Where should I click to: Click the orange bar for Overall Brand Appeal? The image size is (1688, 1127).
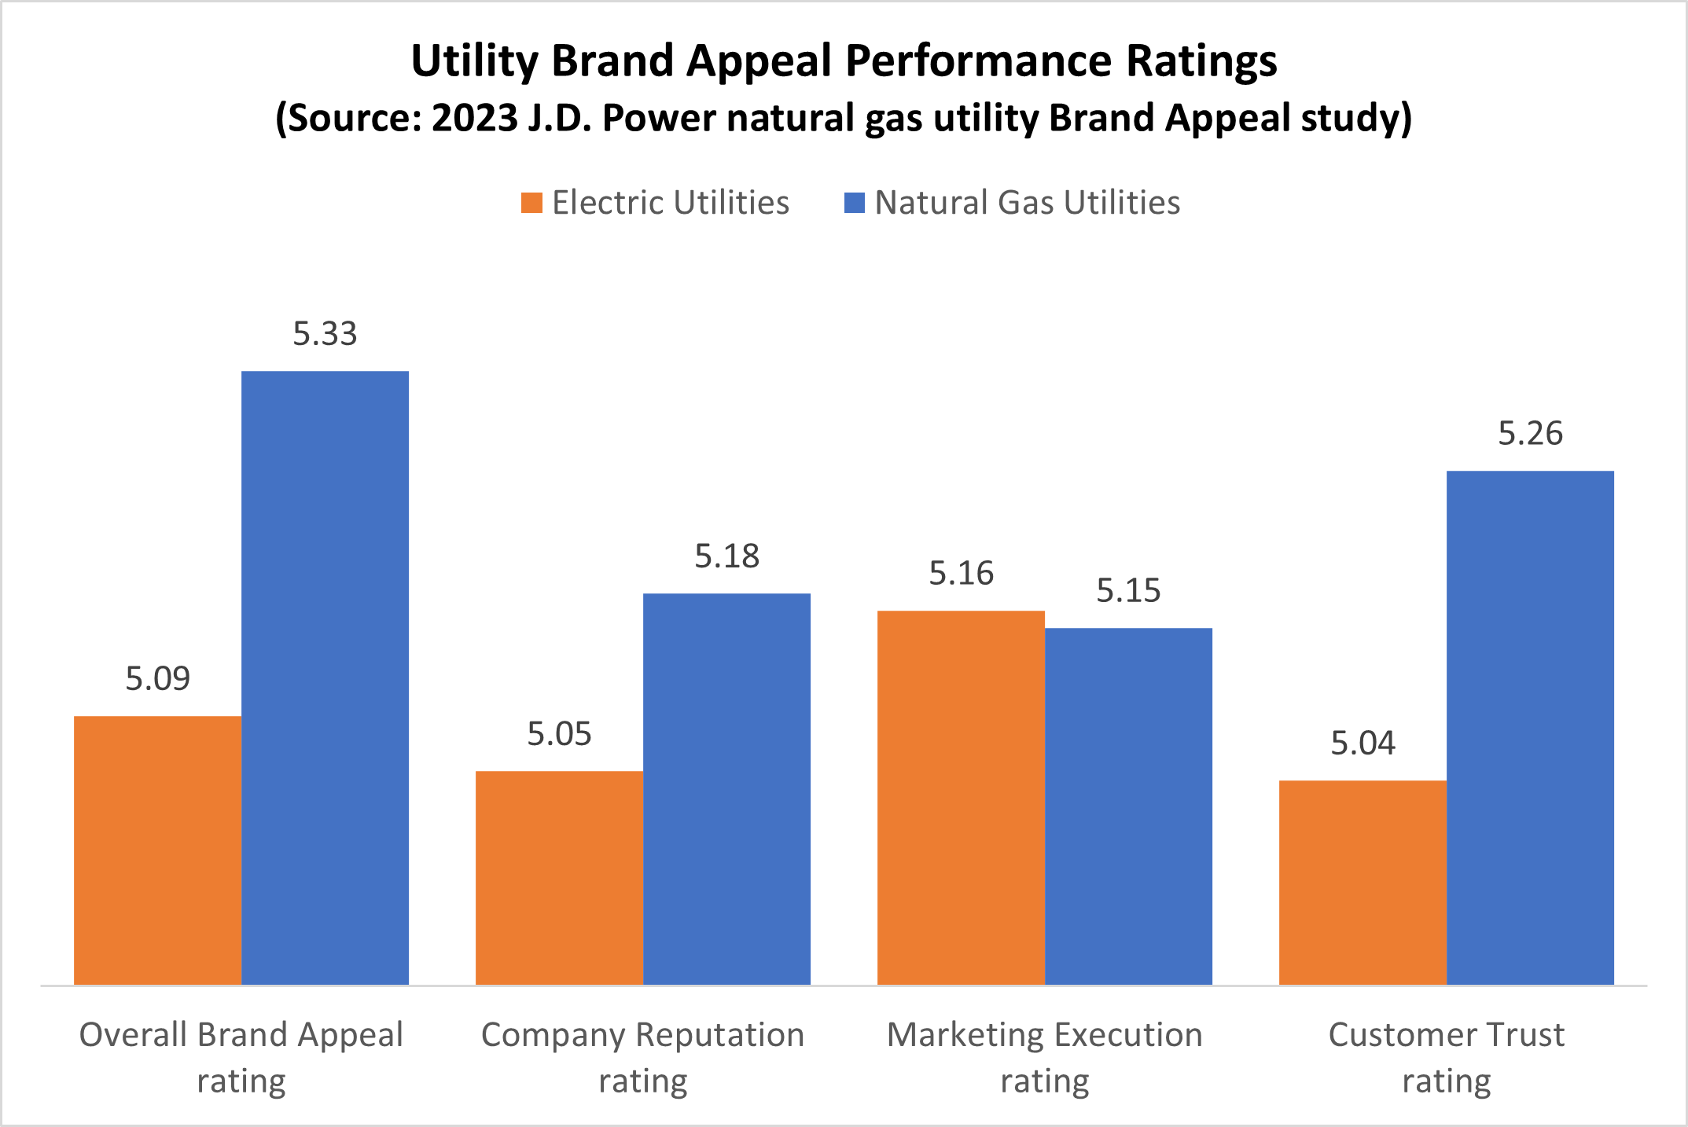pos(157,850)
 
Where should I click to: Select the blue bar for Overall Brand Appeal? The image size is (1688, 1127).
pos(325,677)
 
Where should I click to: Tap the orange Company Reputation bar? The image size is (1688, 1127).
pos(559,877)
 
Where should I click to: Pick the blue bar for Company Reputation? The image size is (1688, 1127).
pos(726,788)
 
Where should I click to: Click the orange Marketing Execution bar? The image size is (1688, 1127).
pos(961,797)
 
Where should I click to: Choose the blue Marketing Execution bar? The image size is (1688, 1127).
pos(1128,806)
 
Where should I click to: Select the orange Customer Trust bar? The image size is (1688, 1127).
pos(1363,882)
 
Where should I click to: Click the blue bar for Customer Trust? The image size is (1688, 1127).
pos(1530,727)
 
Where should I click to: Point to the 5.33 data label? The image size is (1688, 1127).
pos(325,334)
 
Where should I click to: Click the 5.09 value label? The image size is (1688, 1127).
pos(157,679)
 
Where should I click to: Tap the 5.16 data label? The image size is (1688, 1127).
pos(961,574)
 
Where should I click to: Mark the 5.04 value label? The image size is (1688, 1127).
pos(1363,743)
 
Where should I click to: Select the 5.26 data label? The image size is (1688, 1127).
pos(1530,434)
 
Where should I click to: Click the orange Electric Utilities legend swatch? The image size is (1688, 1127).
pos(531,203)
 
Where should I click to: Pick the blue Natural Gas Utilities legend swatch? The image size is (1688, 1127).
pos(854,203)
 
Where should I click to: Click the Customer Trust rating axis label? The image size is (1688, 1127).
pos(1447,1057)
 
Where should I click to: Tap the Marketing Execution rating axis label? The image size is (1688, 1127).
pos(1045,1057)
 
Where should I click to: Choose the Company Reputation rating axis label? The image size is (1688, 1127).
pos(643,1057)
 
